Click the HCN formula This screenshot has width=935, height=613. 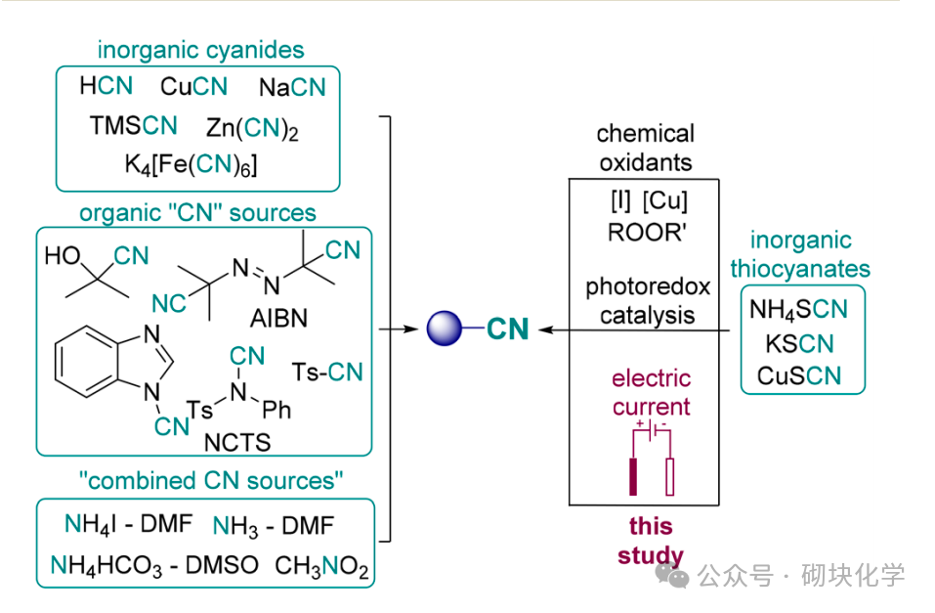pos(106,86)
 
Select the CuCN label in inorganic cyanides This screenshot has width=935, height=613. pos(193,87)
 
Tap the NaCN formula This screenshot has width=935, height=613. pos(292,88)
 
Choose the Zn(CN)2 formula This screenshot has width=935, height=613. pos(252,129)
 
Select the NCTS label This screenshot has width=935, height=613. pos(236,443)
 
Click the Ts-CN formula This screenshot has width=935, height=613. pos(327,372)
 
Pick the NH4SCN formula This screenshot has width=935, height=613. pos(798,310)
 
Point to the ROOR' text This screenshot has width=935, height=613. pos(644,235)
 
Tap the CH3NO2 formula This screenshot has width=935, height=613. pos(321,566)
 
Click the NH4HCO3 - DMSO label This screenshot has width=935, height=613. pos(154,566)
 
